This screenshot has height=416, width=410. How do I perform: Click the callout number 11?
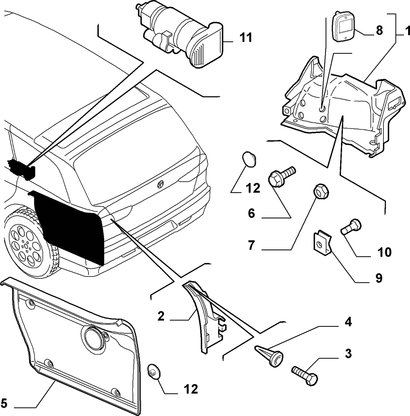point(246,38)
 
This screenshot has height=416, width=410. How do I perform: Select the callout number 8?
point(379,30)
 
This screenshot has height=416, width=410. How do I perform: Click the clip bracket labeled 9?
point(322,242)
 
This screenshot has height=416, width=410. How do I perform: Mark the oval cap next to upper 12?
point(249,159)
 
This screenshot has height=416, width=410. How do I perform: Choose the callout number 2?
point(161,316)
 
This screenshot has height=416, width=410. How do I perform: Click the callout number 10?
point(384,252)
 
